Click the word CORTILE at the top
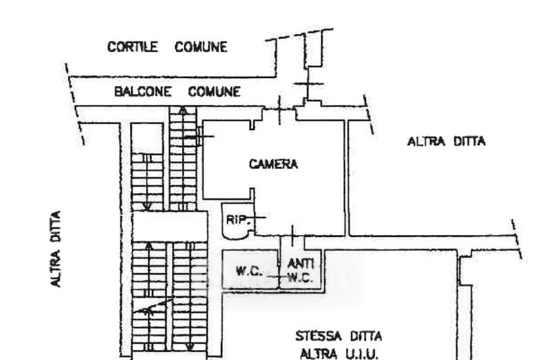click(x=133, y=47)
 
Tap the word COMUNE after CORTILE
click(x=201, y=47)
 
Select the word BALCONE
click(x=143, y=91)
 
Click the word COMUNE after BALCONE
click(x=214, y=91)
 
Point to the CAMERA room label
click(x=274, y=164)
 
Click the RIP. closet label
click(x=237, y=220)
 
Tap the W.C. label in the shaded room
click(x=249, y=271)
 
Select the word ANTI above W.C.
click(x=300, y=264)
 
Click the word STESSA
click(x=319, y=336)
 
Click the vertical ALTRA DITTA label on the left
click(x=56, y=248)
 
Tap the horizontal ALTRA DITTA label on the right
click(x=446, y=141)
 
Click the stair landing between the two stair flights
click(x=170, y=227)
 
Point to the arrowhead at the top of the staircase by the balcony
click(x=183, y=111)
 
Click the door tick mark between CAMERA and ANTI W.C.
click(x=293, y=235)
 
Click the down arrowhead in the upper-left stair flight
click(x=147, y=207)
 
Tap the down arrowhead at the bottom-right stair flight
click(x=190, y=346)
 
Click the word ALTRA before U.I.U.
click(x=314, y=354)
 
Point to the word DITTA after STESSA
click(x=366, y=336)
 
